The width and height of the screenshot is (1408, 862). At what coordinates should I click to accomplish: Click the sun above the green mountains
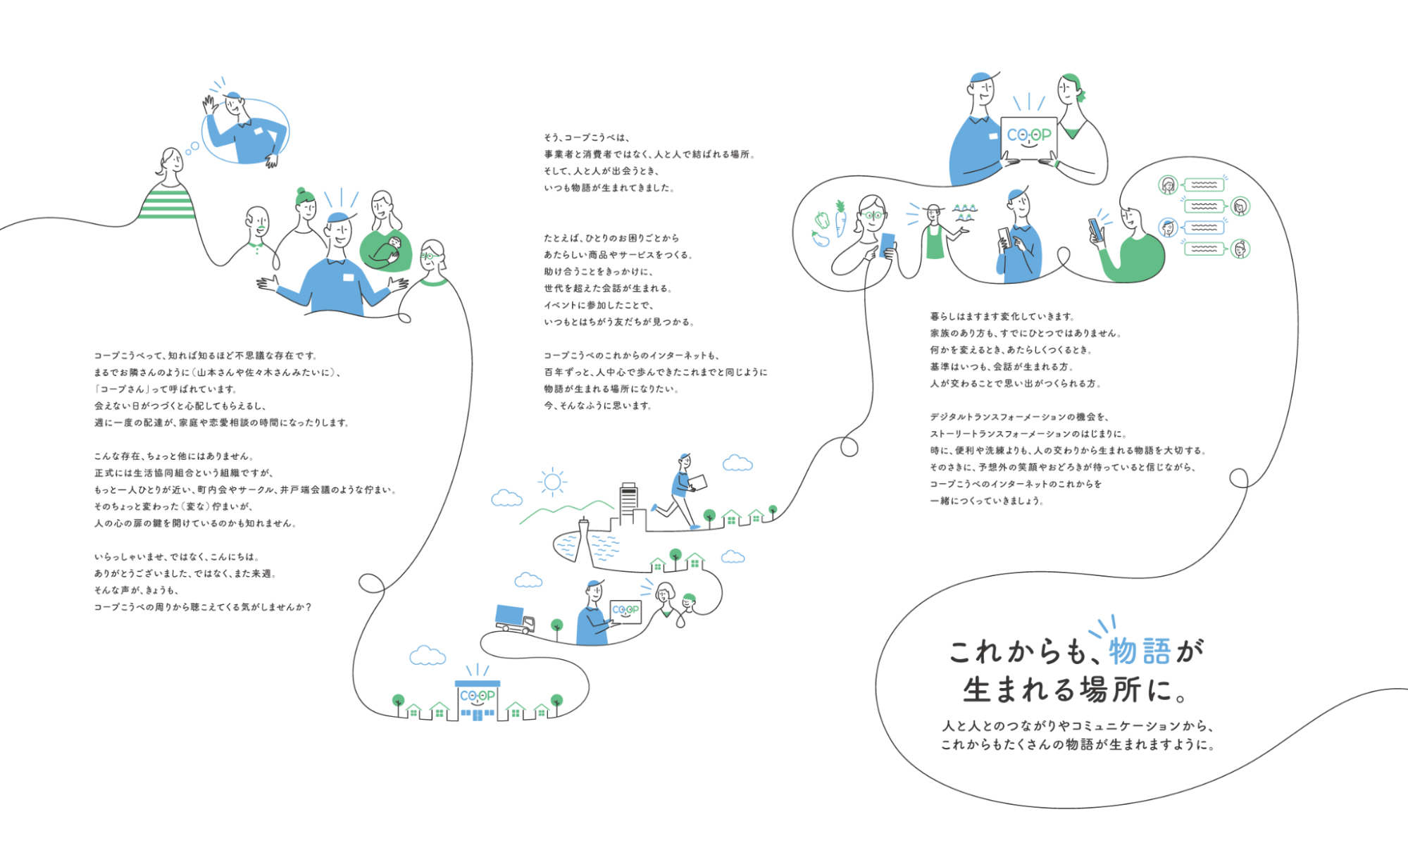[x=552, y=482]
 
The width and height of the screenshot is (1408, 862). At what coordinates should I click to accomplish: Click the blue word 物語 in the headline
[x=1140, y=651]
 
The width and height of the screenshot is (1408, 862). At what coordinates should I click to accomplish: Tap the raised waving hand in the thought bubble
[x=209, y=106]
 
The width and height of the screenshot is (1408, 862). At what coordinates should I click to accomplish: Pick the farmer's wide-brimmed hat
[x=934, y=208]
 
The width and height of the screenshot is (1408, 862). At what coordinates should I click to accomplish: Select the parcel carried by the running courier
[x=697, y=482]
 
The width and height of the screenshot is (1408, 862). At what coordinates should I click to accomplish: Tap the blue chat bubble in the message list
[x=1204, y=227]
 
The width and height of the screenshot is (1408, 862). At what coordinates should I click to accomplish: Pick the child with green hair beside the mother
[x=688, y=601]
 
